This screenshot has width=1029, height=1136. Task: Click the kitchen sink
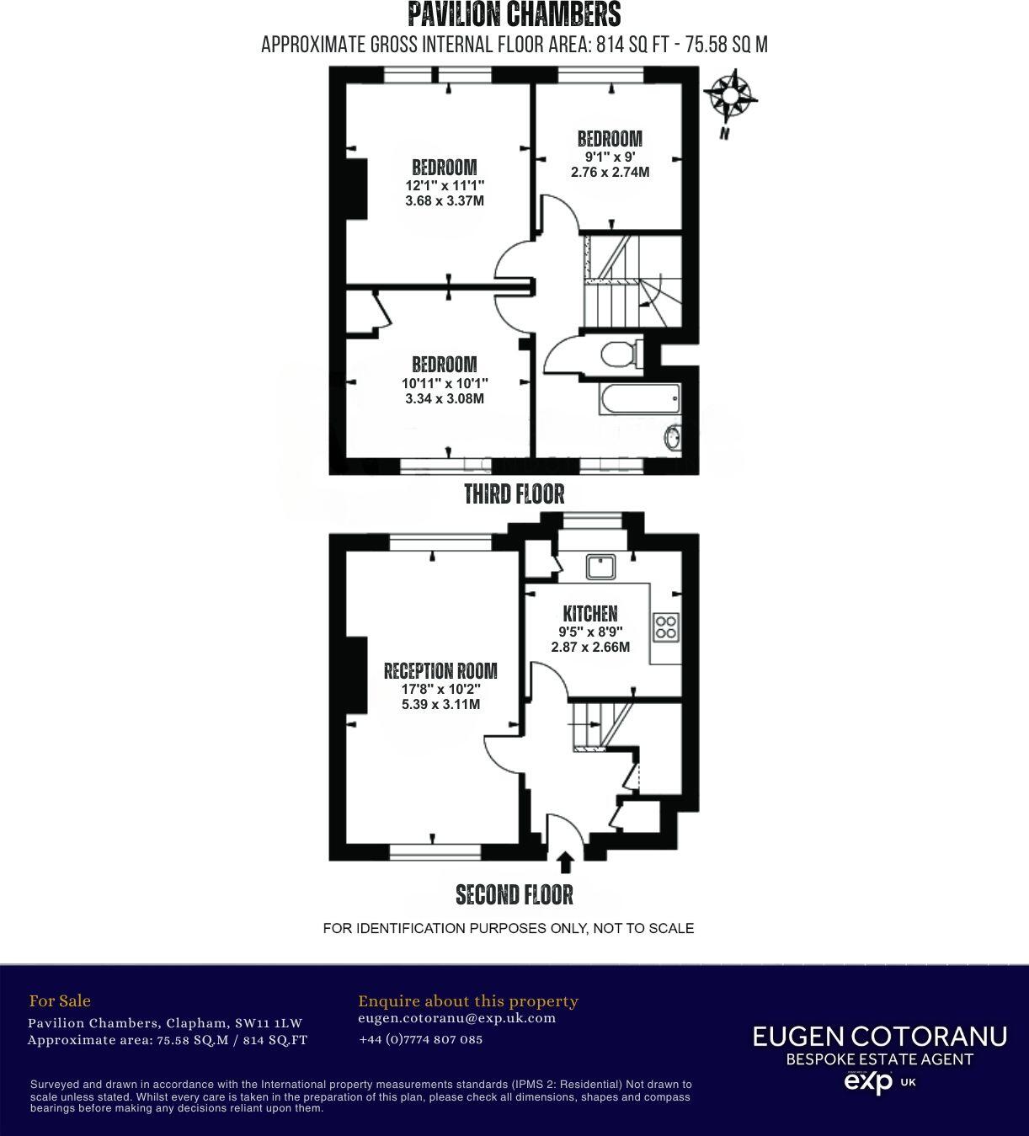pyautogui.click(x=602, y=566)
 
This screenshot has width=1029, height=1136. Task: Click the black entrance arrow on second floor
pyautogui.click(x=566, y=862)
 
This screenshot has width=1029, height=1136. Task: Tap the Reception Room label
pyautogui.click(x=440, y=670)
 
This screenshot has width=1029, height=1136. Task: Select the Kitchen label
pyautogui.click(x=590, y=614)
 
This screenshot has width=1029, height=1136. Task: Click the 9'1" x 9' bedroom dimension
pyautogui.click(x=610, y=156)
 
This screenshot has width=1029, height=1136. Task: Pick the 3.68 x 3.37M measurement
pyautogui.click(x=445, y=200)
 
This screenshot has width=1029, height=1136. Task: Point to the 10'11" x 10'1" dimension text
pyautogui.click(x=445, y=383)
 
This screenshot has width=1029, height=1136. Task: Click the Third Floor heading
pyautogui.click(x=514, y=493)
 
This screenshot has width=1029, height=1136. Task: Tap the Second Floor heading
pyautogui.click(x=514, y=894)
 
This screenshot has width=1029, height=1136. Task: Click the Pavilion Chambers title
pyautogui.click(x=514, y=14)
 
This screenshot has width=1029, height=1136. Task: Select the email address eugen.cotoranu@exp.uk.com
pyautogui.click(x=457, y=1017)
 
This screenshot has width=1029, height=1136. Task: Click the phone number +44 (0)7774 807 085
pyautogui.click(x=421, y=1039)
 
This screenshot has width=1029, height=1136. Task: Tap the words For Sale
pyautogui.click(x=60, y=1000)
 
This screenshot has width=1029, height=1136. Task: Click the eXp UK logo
pyautogui.click(x=879, y=1081)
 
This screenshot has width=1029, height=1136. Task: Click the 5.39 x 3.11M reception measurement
pyautogui.click(x=441, y=704)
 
